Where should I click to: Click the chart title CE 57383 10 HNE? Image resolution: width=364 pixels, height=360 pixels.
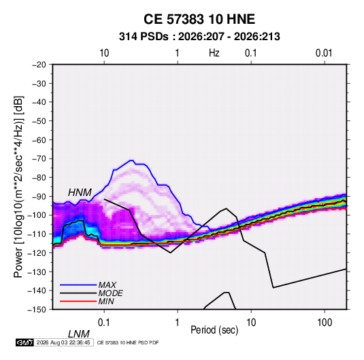(x=199, y=19)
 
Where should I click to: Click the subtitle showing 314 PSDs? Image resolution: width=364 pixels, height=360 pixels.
(x=199, y=37)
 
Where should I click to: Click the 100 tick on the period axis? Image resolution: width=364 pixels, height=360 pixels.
(x=325, y=323)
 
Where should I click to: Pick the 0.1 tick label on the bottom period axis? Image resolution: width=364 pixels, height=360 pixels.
(x=104, y=323)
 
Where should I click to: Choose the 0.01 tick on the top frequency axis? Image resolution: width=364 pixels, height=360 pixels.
(x=324, y=53)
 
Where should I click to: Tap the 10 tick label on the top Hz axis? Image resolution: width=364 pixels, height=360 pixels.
(x=104, y=53)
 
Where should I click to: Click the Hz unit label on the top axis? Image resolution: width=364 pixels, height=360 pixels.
(x=214, y=53)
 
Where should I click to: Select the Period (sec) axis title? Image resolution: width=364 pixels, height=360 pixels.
(x=214, y=330)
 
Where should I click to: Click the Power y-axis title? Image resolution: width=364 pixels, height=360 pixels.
(x=18, y=186)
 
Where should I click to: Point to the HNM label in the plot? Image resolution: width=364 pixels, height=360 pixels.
(x=80, y=193)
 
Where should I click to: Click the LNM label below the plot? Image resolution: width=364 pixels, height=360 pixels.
(x=79, y=334)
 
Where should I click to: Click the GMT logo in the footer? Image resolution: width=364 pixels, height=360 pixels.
(x=25, y=342)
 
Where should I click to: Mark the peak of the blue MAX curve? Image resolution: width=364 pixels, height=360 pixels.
(x=131, y=160)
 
